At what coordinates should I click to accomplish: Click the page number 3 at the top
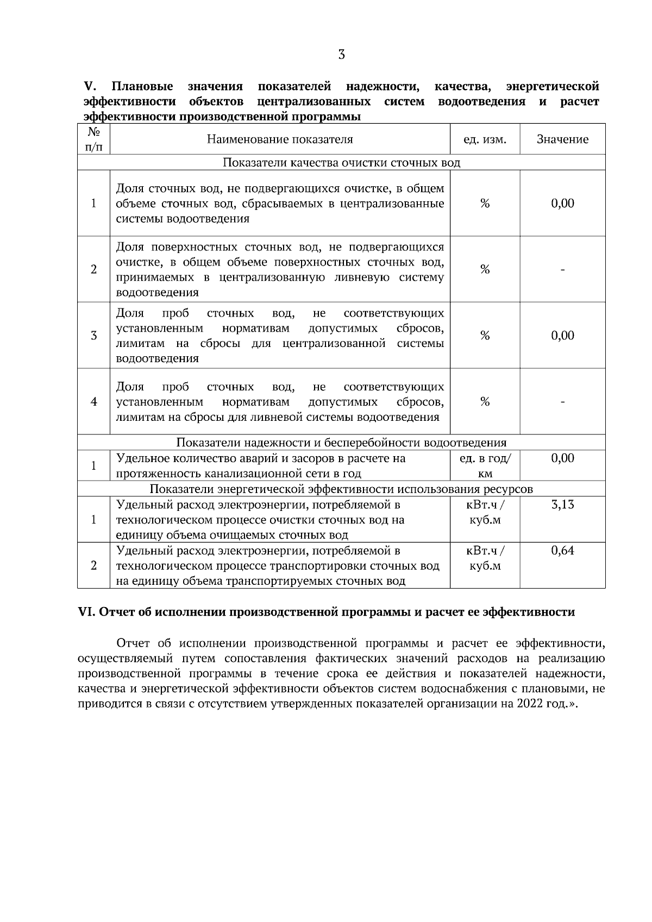(x=341, y=54)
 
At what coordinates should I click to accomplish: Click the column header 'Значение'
(x=562, y=140)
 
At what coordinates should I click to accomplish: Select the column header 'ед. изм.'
(x=485, y=140)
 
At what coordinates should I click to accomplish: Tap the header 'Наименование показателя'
(x=280, y=140)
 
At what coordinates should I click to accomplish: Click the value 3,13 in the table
(x=562, y=505)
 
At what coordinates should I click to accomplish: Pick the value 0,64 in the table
(x=562, y=551)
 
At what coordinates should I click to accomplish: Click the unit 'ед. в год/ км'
(x=485, y=466)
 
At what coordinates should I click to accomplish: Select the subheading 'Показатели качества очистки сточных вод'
(x=341, y=163)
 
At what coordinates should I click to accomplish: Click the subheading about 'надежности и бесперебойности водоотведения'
(x=341, y=443)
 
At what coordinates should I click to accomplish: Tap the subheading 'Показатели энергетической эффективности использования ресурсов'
(x=341, y=489)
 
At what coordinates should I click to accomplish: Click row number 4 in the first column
(x=93, y=402)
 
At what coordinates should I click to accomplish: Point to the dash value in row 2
(x=562, y=270)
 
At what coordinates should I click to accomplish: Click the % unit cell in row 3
(x=485, y=336)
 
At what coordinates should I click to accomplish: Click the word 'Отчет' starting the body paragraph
(x=134, y=644)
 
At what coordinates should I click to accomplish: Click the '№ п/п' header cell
(x=93, y=140)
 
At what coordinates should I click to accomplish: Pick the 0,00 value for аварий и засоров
(x=562, y=459)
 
